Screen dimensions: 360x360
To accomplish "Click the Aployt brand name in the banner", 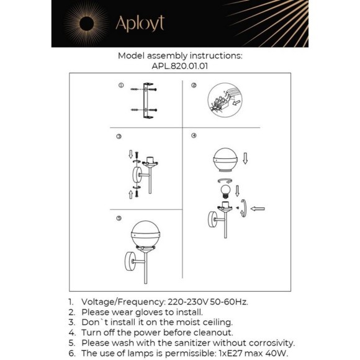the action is coord(140,24).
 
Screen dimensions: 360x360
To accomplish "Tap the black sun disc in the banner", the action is coord(86,24).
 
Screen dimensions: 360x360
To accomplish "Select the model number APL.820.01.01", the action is coord(180,66).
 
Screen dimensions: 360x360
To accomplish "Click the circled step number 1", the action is coord(121,86).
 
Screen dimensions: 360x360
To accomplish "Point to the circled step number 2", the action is coord(194,86).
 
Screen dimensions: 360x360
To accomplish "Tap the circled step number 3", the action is coord(119,137).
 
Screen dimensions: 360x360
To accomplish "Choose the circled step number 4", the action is coord(194,136).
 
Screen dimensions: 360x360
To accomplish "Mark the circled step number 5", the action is coord(119,218).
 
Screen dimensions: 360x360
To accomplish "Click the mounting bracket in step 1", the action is coord(148,101).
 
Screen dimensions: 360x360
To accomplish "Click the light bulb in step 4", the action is coord(225,191).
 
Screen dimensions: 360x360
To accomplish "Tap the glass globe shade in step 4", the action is coord(225,160).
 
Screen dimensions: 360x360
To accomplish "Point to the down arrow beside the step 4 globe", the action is coord(245,158).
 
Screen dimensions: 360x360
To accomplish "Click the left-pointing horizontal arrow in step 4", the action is coord(258,209).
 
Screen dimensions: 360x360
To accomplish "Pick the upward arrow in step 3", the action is coord(130,194).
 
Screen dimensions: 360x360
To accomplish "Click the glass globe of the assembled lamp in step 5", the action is coord(146,234).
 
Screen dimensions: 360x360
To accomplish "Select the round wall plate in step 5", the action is coord(130,261).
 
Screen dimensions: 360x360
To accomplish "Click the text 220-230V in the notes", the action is coord(187,302).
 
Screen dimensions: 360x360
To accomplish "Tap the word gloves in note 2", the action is coord(149,312).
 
